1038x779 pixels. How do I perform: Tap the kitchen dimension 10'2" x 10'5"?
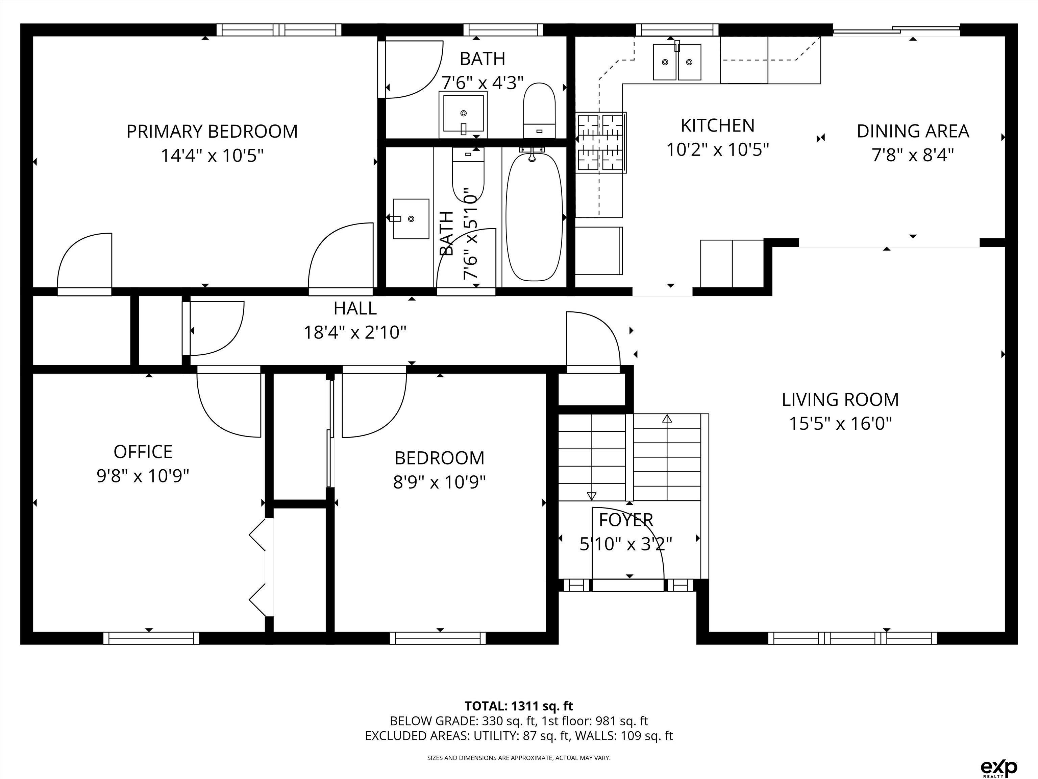(x=717, y=150)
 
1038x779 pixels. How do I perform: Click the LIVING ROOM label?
(x=840, y=400)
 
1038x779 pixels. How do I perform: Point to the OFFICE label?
(x=143, y=452)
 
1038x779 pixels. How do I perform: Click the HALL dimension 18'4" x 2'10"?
(x=355, y=332)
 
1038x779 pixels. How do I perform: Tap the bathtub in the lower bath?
(x=534, y=217)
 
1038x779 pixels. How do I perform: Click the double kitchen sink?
(x=677, y=62)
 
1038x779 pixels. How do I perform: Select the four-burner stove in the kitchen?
(x=601, y=142)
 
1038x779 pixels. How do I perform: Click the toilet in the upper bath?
(x=539, y=110)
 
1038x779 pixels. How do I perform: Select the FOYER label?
(x=626, y=520)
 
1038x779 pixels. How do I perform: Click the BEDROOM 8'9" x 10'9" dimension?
(x=439, y=482)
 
